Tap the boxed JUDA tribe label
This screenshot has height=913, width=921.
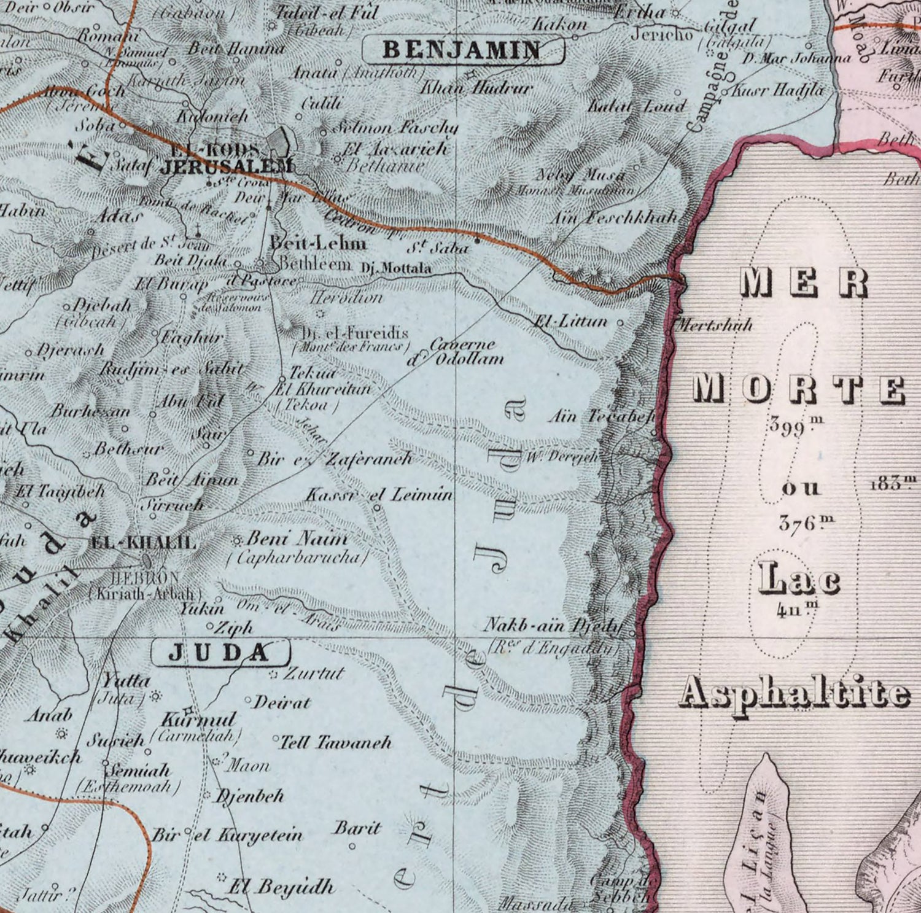click(220, 653)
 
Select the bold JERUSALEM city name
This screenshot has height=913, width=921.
click(225, 166)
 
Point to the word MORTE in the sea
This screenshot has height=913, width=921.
click(798, 389)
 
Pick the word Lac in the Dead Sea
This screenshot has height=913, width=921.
click(798, 580)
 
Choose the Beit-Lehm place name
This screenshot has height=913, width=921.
click(318, 243)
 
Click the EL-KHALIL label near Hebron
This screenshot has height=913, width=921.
click(143, 542)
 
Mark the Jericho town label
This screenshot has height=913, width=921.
click(662, 34)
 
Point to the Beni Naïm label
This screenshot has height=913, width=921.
click(297, 539)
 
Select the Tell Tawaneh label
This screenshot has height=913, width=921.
click(335, 742)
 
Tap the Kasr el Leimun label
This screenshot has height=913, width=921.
click(379, 494)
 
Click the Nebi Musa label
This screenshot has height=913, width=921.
click(580, 175)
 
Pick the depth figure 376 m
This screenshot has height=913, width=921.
click(806, 523)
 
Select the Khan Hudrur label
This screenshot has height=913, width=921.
click(475, 88)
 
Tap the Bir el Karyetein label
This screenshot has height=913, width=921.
click(227, 835)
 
